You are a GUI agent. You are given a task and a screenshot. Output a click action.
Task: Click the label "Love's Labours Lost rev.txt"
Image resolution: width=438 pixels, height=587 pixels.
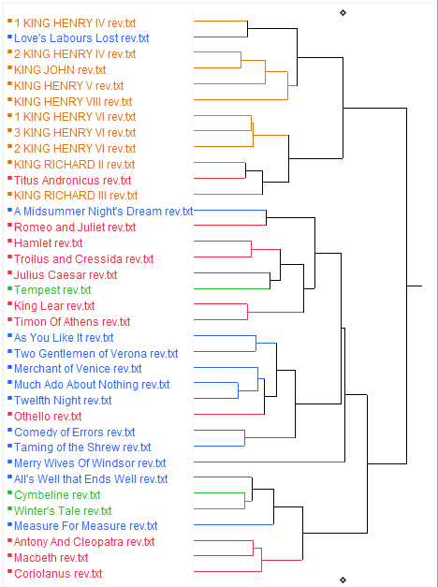[x=81, y=38]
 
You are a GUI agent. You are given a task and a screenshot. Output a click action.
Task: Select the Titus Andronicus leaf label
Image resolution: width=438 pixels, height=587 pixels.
[x=72, y=181]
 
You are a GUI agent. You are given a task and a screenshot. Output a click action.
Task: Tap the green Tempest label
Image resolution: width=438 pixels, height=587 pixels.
[x=52, y=290]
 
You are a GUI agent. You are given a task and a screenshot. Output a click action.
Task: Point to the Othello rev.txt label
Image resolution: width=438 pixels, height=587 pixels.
[x=48, y=417]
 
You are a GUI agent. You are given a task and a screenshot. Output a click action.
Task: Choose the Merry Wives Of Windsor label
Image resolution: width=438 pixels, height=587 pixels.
[x=90, y=463]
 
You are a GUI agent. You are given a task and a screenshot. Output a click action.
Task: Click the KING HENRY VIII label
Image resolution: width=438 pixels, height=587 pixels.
[x=73, y=102]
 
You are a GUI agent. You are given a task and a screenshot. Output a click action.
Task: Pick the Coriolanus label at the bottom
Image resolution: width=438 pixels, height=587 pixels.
[x=58, y=574]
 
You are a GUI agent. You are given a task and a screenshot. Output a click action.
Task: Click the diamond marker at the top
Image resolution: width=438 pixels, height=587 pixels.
[x=343, y=13]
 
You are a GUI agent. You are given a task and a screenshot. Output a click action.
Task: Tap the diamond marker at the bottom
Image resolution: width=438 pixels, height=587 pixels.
[x=343, y=580]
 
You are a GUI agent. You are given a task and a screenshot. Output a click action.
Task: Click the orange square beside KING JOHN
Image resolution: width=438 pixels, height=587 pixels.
[x=9, y=67]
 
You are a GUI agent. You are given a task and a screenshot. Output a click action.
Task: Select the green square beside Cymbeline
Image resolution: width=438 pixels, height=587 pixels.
[x=9, y=492]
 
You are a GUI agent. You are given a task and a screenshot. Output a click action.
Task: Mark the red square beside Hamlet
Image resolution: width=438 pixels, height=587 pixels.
[x=9, y=241]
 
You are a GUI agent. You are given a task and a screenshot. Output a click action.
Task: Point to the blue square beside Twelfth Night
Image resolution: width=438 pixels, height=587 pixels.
[x=9, y=398]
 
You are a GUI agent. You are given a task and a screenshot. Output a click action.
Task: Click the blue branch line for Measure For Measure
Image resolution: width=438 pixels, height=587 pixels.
[x=234, y=524]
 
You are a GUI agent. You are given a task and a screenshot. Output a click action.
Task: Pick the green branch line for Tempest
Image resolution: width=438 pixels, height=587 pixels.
[x=232, y=288]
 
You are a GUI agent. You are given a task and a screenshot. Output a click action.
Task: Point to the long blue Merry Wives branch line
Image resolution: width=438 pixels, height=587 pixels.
[x=270, y=462]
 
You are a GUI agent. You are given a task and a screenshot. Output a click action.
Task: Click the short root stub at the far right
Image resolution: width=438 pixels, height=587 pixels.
[x=415, y=286]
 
